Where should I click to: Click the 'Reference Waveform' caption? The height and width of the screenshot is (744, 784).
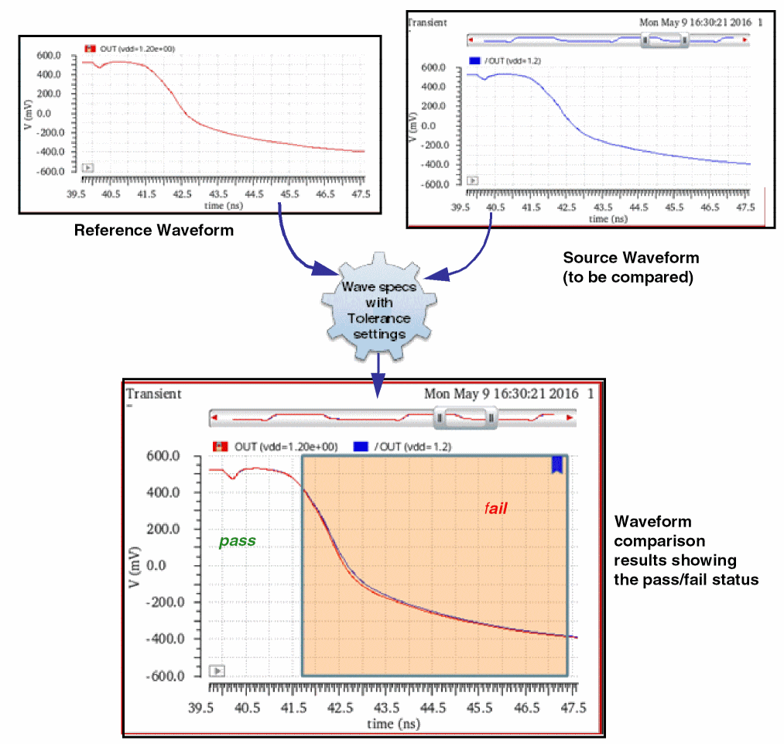point(153,231)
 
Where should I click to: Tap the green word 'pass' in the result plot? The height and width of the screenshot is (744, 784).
point(237,541)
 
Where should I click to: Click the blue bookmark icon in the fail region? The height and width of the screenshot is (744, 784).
point(556,465)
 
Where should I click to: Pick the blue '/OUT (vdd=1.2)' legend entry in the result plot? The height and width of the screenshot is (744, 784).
point(401,447)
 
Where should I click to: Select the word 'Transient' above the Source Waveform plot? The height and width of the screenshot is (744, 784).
point(427,23)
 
